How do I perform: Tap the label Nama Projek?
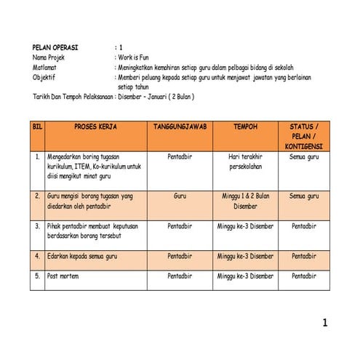(x=49, y=56)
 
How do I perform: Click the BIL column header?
(x=37, y=127)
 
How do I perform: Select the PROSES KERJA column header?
(x=95, y=127)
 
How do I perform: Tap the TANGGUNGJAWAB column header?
(x=180, y=127)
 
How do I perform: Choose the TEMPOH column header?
(x=245, y=127)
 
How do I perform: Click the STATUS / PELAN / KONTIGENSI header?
(x=303, y=136)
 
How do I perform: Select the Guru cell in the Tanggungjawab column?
(x=180, y=196)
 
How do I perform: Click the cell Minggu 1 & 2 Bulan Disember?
(x=245, y=201)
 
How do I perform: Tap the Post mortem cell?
(x=63, y=276)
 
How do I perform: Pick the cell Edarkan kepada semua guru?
(x=82, y=256)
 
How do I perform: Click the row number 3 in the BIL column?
(x=37, y=226)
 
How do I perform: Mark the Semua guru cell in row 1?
(x=303, y=156)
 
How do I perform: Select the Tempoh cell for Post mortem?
(x=245, y=276)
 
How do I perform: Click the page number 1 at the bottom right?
(x=326, y=323)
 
